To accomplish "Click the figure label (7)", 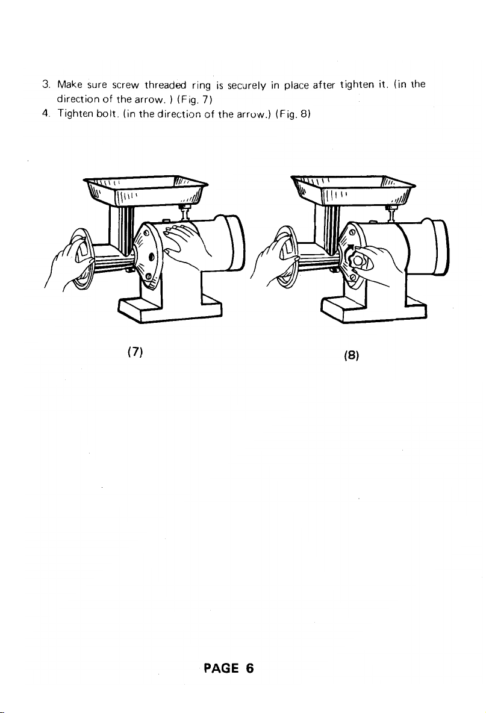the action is click(x=135, y=352).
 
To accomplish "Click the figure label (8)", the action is click(x=352, y=355).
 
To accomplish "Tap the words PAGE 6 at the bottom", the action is click(x=229, y=668).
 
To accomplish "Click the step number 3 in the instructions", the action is click(x=45, y=84).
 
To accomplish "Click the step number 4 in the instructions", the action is click(x=45, y=113).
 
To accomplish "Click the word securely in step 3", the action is click(x=246, y=86).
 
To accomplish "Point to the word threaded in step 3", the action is click(x=166, y=84).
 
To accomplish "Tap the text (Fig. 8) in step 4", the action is click(x=293, y=114).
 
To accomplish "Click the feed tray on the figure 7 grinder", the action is click(x=146, y=190).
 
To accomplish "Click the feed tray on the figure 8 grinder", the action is click(x=353, y=190).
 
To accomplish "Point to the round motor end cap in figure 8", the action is click(x=437, y=246).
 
